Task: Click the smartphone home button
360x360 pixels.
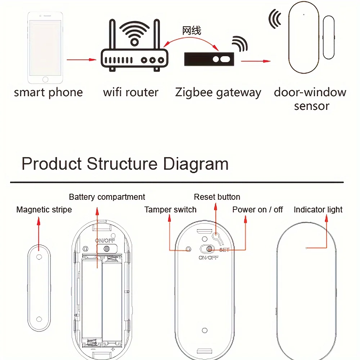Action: tap(45, 79)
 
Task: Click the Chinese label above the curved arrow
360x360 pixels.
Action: tap(192, 31)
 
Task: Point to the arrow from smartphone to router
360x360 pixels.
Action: tap(82, 59)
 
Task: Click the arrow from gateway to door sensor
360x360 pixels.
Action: tap(255, 61)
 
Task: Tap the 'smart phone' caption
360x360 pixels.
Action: tap(48, 93)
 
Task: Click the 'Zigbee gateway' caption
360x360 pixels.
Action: tap(218, 93)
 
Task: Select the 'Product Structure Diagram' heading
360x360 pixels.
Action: tap(125, 164)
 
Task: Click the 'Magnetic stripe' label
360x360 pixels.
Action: tap(44, 210)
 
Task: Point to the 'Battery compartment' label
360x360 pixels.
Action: tap(107, 197)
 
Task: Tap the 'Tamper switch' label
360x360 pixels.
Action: tap(170, 210)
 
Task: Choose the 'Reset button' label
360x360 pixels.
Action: tap(217, 197)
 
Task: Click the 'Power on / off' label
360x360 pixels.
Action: tap(257, 210)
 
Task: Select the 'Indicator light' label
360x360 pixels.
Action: tap(318, 210)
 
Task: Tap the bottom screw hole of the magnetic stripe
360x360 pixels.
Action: tap(39, 319)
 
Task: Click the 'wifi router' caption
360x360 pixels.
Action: tap(131, 93)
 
